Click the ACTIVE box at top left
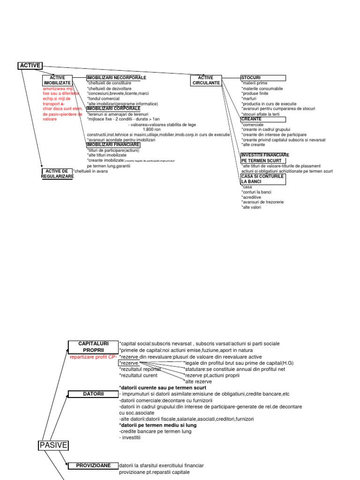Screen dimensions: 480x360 30,65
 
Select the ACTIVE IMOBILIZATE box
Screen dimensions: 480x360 57,80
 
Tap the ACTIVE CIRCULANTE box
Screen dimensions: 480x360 205,80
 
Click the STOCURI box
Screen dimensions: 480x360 262,77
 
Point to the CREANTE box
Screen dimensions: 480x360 262,119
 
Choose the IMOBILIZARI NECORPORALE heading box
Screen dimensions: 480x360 116,77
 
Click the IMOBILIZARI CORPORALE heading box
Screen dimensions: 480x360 113,108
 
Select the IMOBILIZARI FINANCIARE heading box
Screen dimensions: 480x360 113,144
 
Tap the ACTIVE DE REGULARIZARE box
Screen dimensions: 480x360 57,173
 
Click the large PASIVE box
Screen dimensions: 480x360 52,445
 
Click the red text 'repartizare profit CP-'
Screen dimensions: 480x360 93,357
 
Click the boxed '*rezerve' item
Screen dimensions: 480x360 129,363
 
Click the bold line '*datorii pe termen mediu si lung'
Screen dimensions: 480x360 158,425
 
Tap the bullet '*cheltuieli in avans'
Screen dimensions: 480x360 90,171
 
